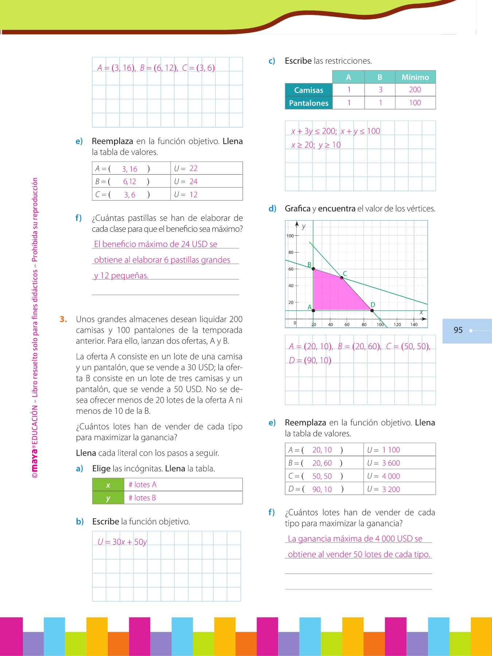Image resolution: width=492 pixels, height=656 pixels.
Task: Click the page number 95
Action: click(x=458, y=330)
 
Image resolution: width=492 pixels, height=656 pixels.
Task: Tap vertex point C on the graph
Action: click(x=342, y=278)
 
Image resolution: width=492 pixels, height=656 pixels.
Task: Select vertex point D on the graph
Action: click(x=372, y=311)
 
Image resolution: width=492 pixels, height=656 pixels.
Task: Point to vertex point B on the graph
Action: click(x=313, y=269)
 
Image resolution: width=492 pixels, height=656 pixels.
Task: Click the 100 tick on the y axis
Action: click(x=290, y=236)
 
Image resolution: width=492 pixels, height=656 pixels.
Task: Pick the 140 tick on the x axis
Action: click(x=414, y=324)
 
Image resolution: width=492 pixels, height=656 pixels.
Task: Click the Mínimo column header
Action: click(x=415, y=77)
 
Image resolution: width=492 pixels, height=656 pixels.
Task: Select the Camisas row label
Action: click(x=309, y=90)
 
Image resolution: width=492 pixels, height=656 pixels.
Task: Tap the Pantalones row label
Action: click(x=309, y=103)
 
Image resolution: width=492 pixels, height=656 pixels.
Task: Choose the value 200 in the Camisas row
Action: click(x=415, y=90)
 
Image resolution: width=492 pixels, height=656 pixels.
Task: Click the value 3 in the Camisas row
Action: click(x=380, y=90)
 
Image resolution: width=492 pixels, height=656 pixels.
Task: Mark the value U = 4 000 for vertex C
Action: click(x=384, y=476)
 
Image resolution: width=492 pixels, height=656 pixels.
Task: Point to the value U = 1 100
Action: click(x=384, y=450)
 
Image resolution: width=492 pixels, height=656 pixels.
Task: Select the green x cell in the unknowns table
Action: click(x=108, y=485)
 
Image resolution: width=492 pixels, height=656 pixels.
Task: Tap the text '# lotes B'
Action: click(x=142, y=498)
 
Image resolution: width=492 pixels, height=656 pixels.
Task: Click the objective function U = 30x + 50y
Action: click(x=122, y=542)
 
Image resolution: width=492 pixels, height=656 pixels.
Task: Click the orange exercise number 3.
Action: click(x=63, y=319)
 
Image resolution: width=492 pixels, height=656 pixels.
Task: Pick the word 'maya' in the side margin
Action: click(x=34, y=460)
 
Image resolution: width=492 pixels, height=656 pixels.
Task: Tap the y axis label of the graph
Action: click(x=304, y=226)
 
